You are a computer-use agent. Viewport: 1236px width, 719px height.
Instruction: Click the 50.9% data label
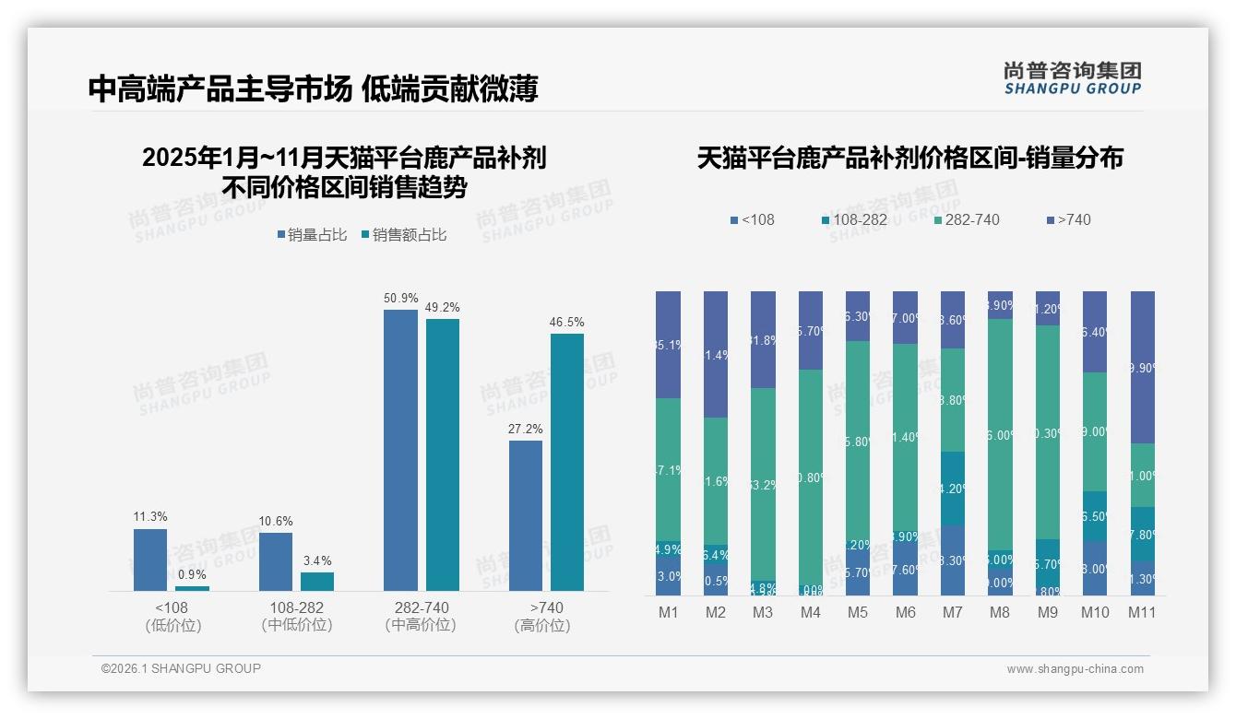point(401,299)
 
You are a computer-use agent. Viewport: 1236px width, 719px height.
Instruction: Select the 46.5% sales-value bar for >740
point(567,462)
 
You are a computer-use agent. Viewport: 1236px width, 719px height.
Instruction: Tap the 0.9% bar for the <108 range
point(192,588)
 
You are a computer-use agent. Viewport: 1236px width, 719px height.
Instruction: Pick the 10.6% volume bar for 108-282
point(276,561)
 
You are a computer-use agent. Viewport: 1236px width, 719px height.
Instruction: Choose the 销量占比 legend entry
point(312,235)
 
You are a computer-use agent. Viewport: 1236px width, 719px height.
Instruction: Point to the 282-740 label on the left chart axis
point(421,608)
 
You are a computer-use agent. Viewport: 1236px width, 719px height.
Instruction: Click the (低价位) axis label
point(172,626)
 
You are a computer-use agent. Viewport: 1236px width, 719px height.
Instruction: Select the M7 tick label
point(953,613)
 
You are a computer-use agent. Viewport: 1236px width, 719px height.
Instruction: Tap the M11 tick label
point(1142,613)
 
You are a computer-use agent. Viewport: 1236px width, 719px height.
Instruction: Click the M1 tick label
point(669,613)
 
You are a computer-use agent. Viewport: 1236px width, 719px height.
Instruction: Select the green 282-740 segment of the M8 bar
point(1001,434)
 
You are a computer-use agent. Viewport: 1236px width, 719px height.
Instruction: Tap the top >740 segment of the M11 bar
point(1143,367)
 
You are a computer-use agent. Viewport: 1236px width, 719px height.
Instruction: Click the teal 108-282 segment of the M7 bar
point(953,489)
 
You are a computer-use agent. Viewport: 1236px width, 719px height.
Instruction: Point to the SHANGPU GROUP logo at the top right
point(1072,78)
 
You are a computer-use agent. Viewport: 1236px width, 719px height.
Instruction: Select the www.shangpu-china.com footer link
point(1075,669)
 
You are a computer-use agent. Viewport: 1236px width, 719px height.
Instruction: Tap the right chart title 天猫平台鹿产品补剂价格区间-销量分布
point(909,159)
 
